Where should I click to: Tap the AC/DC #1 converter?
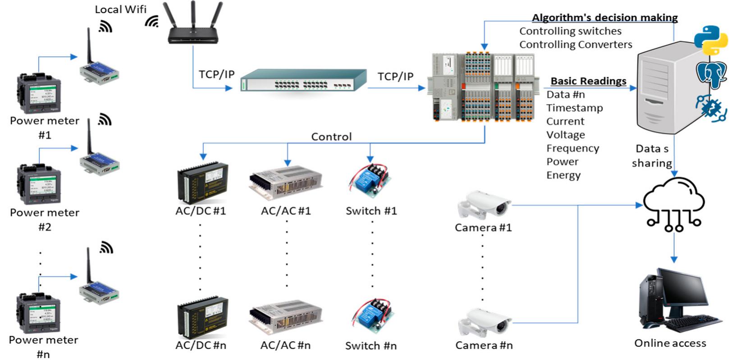tap(203, 182)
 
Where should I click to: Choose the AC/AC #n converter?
tap(286, 318)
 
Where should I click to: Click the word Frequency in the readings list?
tap(572, 148)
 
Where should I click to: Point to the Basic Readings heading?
tap(588, 81)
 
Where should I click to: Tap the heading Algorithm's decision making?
tap(604, 18)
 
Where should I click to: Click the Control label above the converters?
tap(331, 137)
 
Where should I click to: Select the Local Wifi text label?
tap(120, 9)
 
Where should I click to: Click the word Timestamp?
tap(574, 108)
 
